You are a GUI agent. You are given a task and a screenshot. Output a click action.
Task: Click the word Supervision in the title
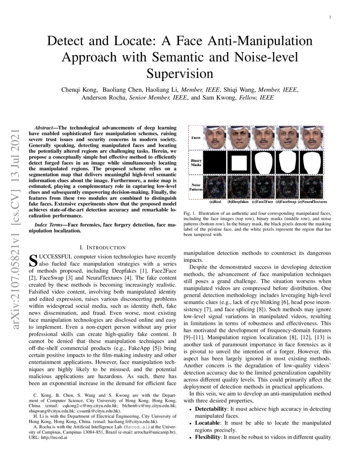pyautogui.click(x=180, y=73)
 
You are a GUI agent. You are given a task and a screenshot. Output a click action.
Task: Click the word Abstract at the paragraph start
pyautogui.click(x=43, y=127)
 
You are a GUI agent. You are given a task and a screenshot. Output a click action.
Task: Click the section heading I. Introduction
pyautogui.click(x=102, y=247)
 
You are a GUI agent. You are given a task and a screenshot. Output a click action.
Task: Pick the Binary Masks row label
pyautogui.click(x=197, y=163)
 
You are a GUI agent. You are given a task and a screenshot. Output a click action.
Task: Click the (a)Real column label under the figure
pyautogui.click(x=216, y=202)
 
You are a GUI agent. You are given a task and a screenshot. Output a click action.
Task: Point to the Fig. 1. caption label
pyautogui.click(x=190, y=213)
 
